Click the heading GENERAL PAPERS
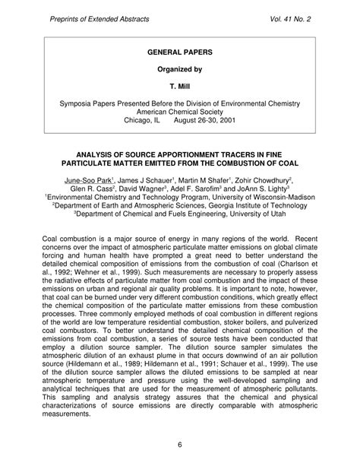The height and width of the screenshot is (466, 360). click(180, 55)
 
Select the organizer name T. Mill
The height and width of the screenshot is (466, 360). click(180, 87)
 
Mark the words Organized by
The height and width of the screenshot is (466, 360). click(180, 71)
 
